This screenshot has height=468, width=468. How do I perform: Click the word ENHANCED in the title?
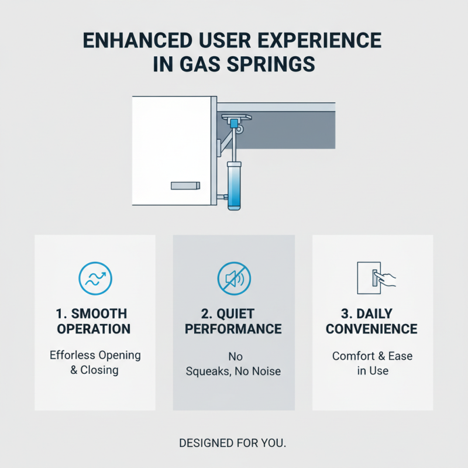pos(137,40)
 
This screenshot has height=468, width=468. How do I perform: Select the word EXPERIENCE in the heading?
pos(319,40)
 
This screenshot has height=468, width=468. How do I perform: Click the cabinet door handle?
pos(185,185)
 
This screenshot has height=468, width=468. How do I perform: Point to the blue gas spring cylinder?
pos(234,185)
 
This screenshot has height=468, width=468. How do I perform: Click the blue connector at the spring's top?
pos(235,123)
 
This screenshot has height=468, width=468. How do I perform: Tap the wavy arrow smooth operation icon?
pos(95,278)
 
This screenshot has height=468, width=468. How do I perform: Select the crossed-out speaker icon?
pos(234,278)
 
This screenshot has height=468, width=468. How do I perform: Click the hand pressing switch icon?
pos(376,278)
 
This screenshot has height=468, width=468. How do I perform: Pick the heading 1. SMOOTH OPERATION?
pos(94,321)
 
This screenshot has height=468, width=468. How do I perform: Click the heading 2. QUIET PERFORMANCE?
pos(233,321)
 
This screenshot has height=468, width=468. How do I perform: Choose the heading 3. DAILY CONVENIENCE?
pos(371,321)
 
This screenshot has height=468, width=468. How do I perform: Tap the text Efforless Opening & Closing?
pos(95,362)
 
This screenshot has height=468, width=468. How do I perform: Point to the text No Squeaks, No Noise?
pos(233,364)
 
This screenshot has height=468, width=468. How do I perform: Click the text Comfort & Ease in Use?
pos(373,363)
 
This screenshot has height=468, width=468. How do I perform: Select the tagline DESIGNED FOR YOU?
pos(232,443)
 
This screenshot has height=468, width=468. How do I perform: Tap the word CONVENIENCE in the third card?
pos(371,329)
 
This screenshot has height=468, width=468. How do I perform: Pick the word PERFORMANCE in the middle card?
pos(233,329)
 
